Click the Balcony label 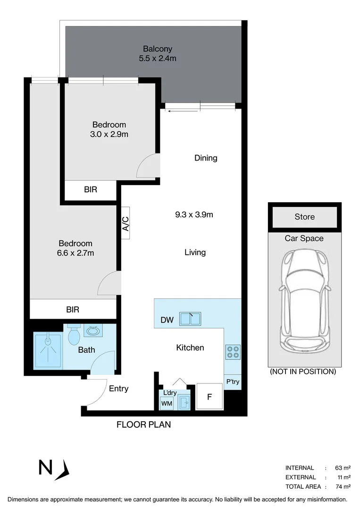click(x=158, y=49)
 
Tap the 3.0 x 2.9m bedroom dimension click(x=109, y=134)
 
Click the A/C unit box click(x=126, y=223)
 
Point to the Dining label click(x=206, y=158)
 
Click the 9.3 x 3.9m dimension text click(x=194, y=214)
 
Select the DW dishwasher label click(x=167, y=320)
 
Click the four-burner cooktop click(x=233, y=352)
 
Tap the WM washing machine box click(x=167, y=403)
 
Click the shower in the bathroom click(x=47, y=350)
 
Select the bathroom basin click(x=92, y=331)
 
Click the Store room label click(x=304, y=217)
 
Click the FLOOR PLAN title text click(x=143, y=425)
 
